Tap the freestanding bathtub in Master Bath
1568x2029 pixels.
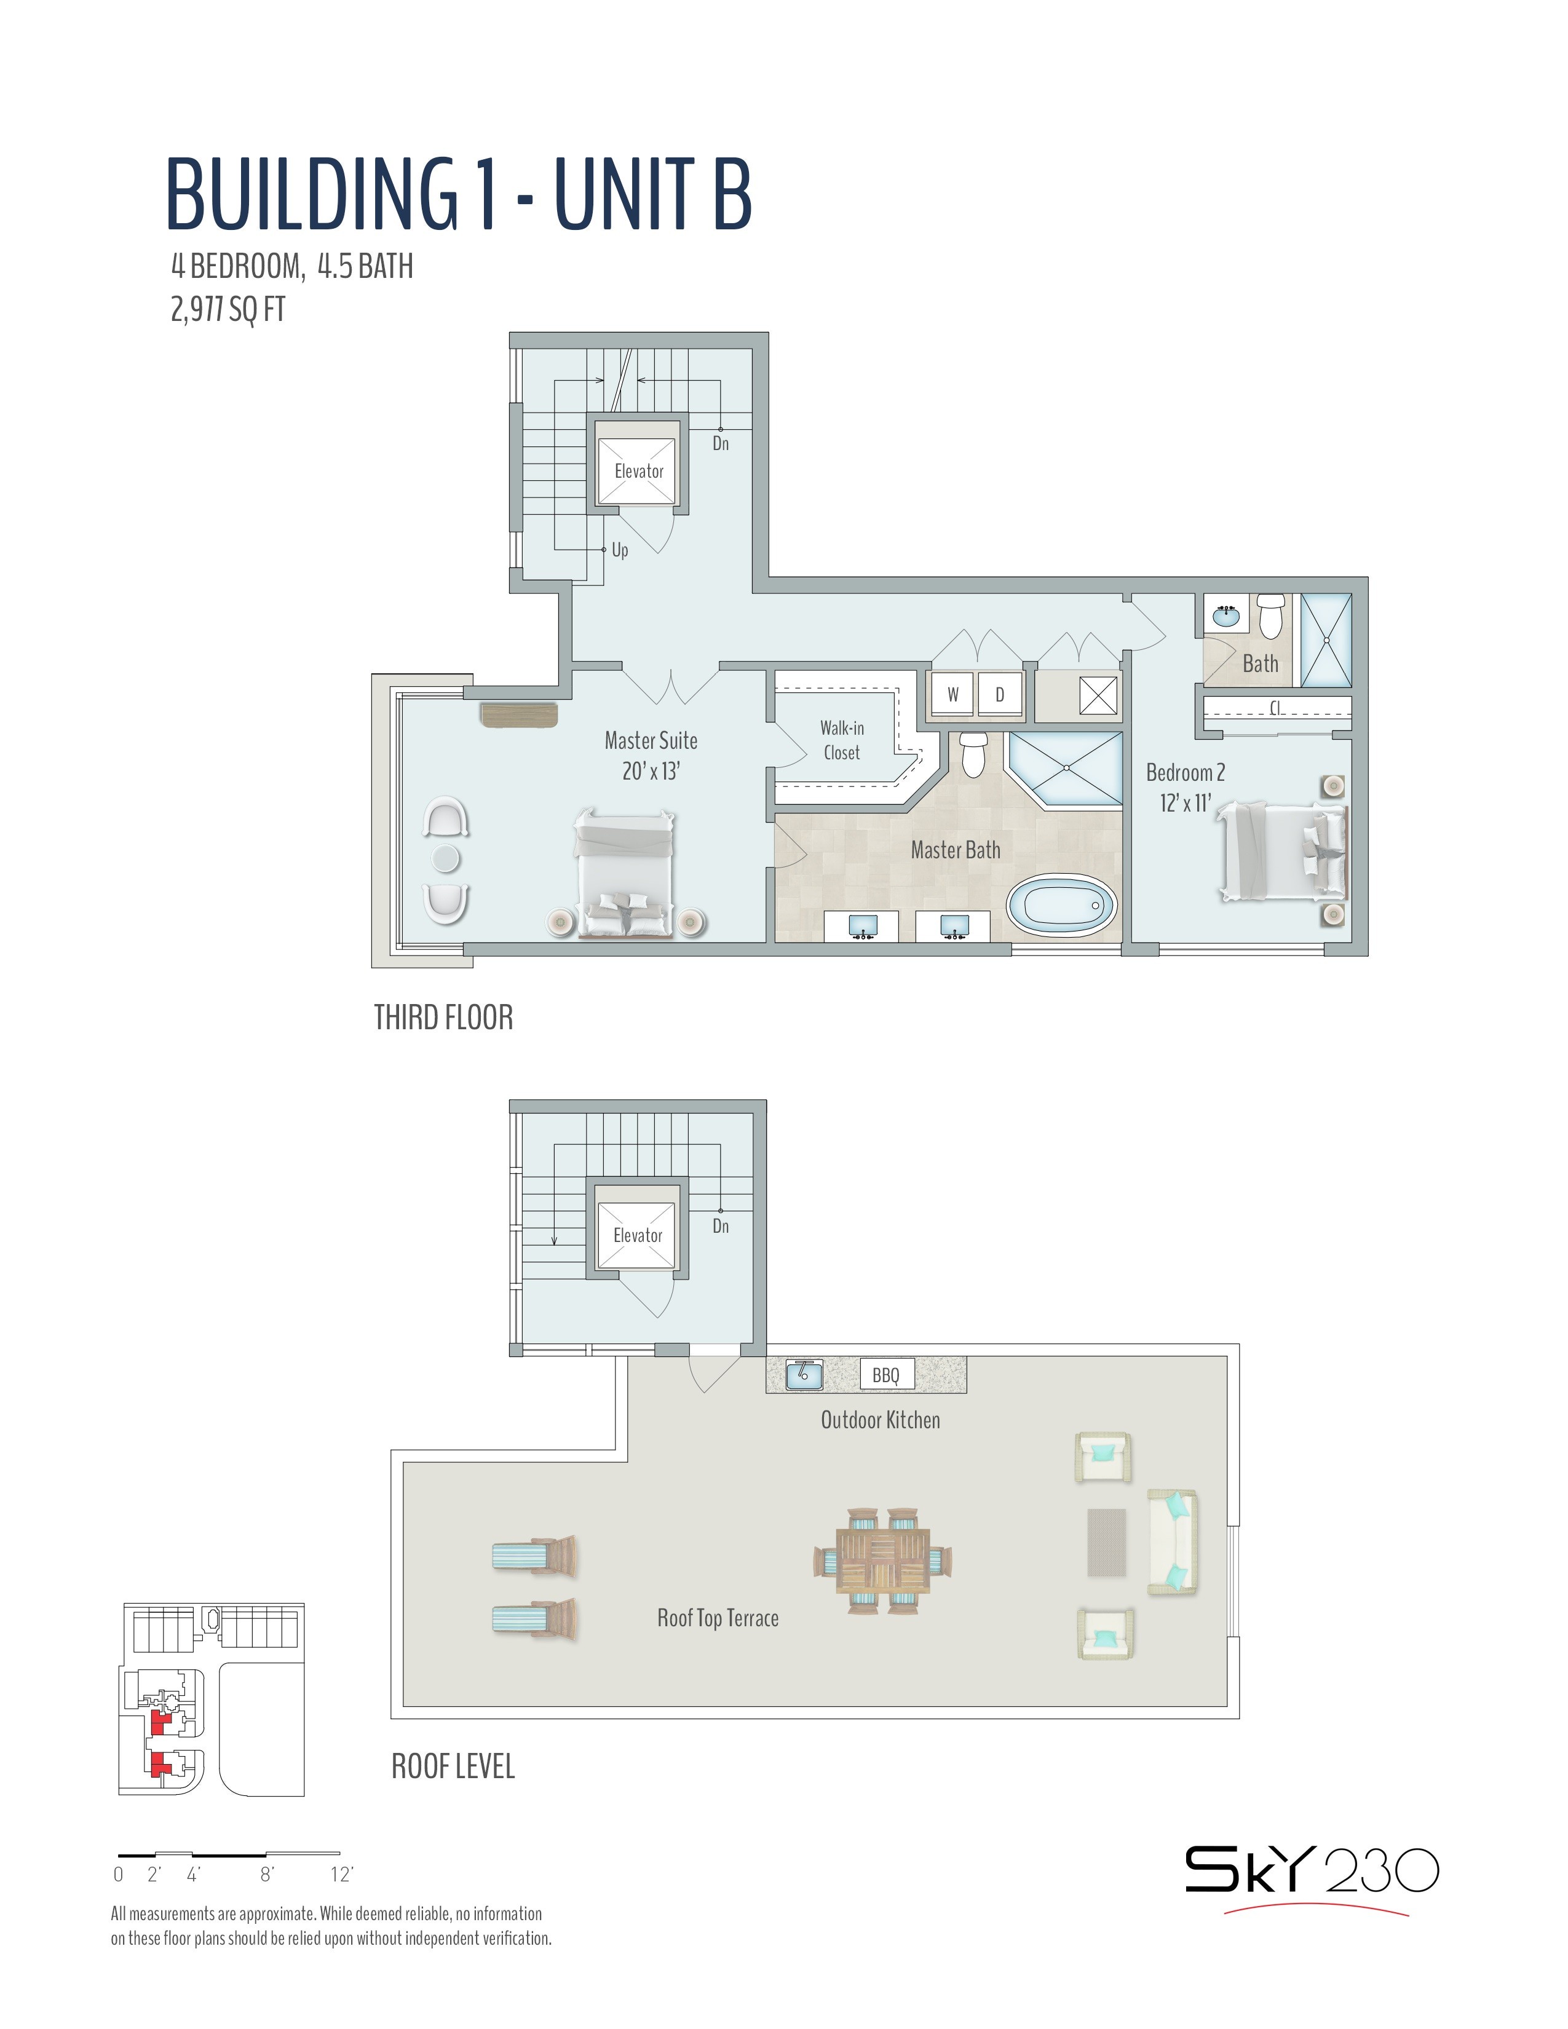(x=1062, y=906)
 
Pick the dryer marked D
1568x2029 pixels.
(x=999, y=694)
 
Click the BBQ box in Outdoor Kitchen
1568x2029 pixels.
(x=886, y=1375)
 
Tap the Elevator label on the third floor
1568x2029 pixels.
(x=639, y=471)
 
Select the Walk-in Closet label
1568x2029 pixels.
(x=842, y=740)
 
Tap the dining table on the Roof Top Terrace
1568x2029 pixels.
(x=882, y=1560)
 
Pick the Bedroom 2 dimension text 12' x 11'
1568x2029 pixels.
(x=1186, y=802)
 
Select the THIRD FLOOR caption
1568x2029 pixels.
(x=443, y=1018)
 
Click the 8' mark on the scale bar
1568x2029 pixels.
(x=267, y=1875)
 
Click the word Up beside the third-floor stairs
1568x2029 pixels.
(x=620, y=550)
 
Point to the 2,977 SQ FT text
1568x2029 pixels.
(x=228, y=309)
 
